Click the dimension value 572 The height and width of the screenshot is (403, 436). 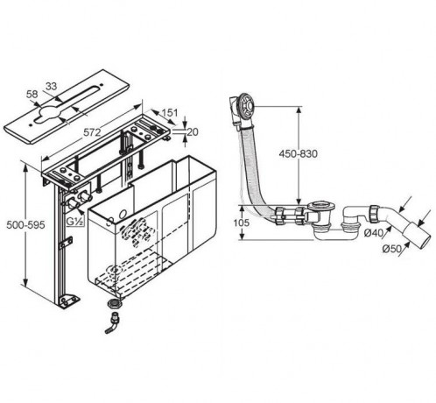tap(92, 132)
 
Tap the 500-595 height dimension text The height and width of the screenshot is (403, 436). tap(25, 225)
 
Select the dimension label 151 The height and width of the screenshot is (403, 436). tap(170, 112)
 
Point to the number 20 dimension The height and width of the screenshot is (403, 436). tap(193, 132)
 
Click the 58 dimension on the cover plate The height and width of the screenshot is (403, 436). tap(32, 94)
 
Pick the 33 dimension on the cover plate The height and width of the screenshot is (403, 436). tap(52, 86)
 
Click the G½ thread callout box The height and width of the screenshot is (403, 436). tap(75, 222)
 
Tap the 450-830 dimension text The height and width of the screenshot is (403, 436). tap(298, 153)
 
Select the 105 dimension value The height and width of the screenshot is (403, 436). tap(242, 223)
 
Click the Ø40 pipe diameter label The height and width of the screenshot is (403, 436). tap(373, 233)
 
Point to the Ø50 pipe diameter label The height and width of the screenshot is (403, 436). tap(391, 249)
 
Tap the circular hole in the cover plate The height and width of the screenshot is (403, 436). tap(49, 113)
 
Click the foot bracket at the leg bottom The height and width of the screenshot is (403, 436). tap(69, 300)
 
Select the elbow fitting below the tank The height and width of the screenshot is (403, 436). tap(113, 322)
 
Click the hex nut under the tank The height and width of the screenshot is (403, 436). tap(114, 303)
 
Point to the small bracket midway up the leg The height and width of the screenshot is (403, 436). tap(66, 243)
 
